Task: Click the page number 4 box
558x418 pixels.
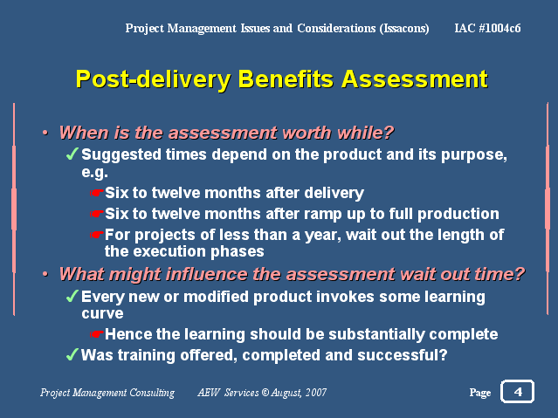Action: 517,392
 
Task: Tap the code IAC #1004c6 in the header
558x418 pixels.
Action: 487,28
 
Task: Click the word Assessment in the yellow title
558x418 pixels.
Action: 415,79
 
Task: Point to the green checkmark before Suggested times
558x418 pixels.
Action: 72,154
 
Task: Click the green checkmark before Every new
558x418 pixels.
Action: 72,296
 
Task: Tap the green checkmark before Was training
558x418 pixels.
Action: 72,354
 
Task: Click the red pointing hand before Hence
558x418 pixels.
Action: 96,334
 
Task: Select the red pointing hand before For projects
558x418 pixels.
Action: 96,235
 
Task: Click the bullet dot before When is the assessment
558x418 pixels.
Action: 45,133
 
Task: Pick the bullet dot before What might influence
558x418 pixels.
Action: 45,274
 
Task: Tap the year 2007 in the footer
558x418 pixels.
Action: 316,393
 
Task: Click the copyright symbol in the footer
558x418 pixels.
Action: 265,393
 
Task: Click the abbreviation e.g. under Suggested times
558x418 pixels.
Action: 94,172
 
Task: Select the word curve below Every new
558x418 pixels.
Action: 102,313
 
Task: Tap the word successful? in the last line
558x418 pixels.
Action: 403,354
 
